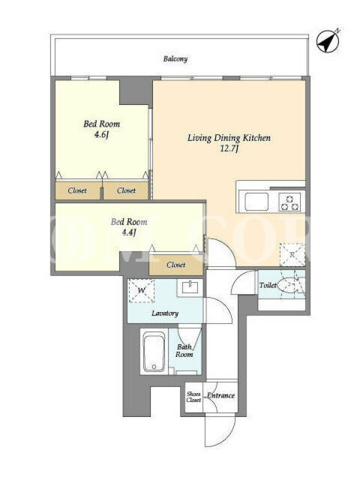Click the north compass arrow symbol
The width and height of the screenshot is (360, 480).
(x=328, y=41)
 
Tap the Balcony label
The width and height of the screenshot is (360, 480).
(x=175, y=59)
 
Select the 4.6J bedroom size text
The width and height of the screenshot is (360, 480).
(x=101, y=134)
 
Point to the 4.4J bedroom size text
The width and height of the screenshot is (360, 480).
(x=129, y=233)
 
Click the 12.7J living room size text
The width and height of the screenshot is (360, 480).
(x=229, y=149)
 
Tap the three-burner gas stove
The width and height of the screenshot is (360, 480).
(x=290, y=203)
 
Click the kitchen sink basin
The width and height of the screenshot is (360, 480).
(x=257, y=202)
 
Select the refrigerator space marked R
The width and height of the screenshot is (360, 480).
(x=292, y=254)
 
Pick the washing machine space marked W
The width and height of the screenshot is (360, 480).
(x=141, y=291)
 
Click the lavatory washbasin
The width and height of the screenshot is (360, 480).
(x=190, y=287)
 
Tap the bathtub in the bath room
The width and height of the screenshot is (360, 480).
(x=154, y=352)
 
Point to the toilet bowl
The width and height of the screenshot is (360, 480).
(x=287, y=286)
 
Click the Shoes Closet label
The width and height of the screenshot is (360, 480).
(x=194, y=397)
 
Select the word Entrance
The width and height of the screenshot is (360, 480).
(x=221, y=395)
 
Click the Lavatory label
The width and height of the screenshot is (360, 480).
(x=165, y=313)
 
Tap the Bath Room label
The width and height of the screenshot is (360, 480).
(x=184, y=351)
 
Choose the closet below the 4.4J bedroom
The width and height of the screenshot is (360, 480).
(x=176, y=265)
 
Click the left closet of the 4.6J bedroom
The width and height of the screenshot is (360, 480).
(x=78, y=190)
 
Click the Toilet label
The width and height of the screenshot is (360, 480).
(x=268, y=286)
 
